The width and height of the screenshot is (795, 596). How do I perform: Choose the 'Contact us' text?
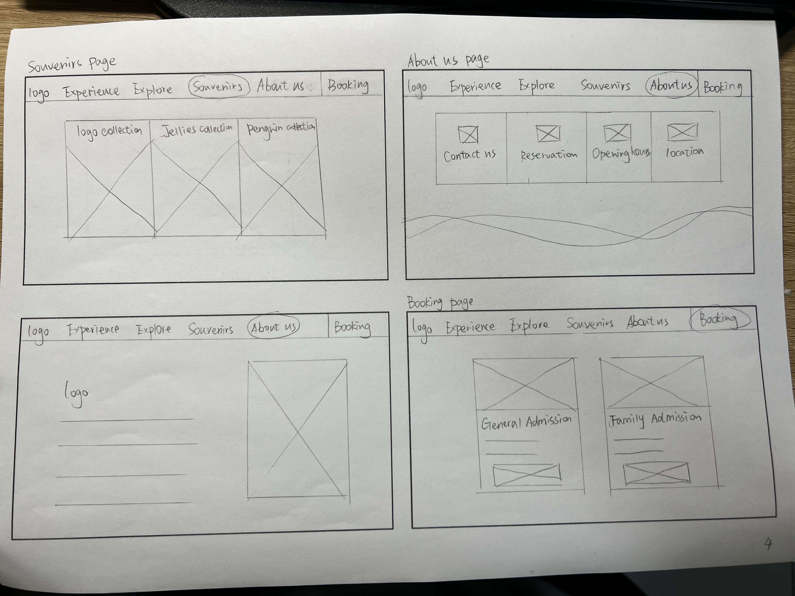click(470, 155)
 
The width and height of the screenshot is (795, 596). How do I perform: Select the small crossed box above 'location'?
click(682, 132)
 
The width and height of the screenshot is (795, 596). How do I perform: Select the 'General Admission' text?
click(526, 422)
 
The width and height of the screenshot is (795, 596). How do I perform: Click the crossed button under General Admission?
click(527, 475)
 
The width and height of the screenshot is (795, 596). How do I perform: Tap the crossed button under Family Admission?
click(657, 473)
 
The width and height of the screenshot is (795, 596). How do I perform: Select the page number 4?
click(768, 544)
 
